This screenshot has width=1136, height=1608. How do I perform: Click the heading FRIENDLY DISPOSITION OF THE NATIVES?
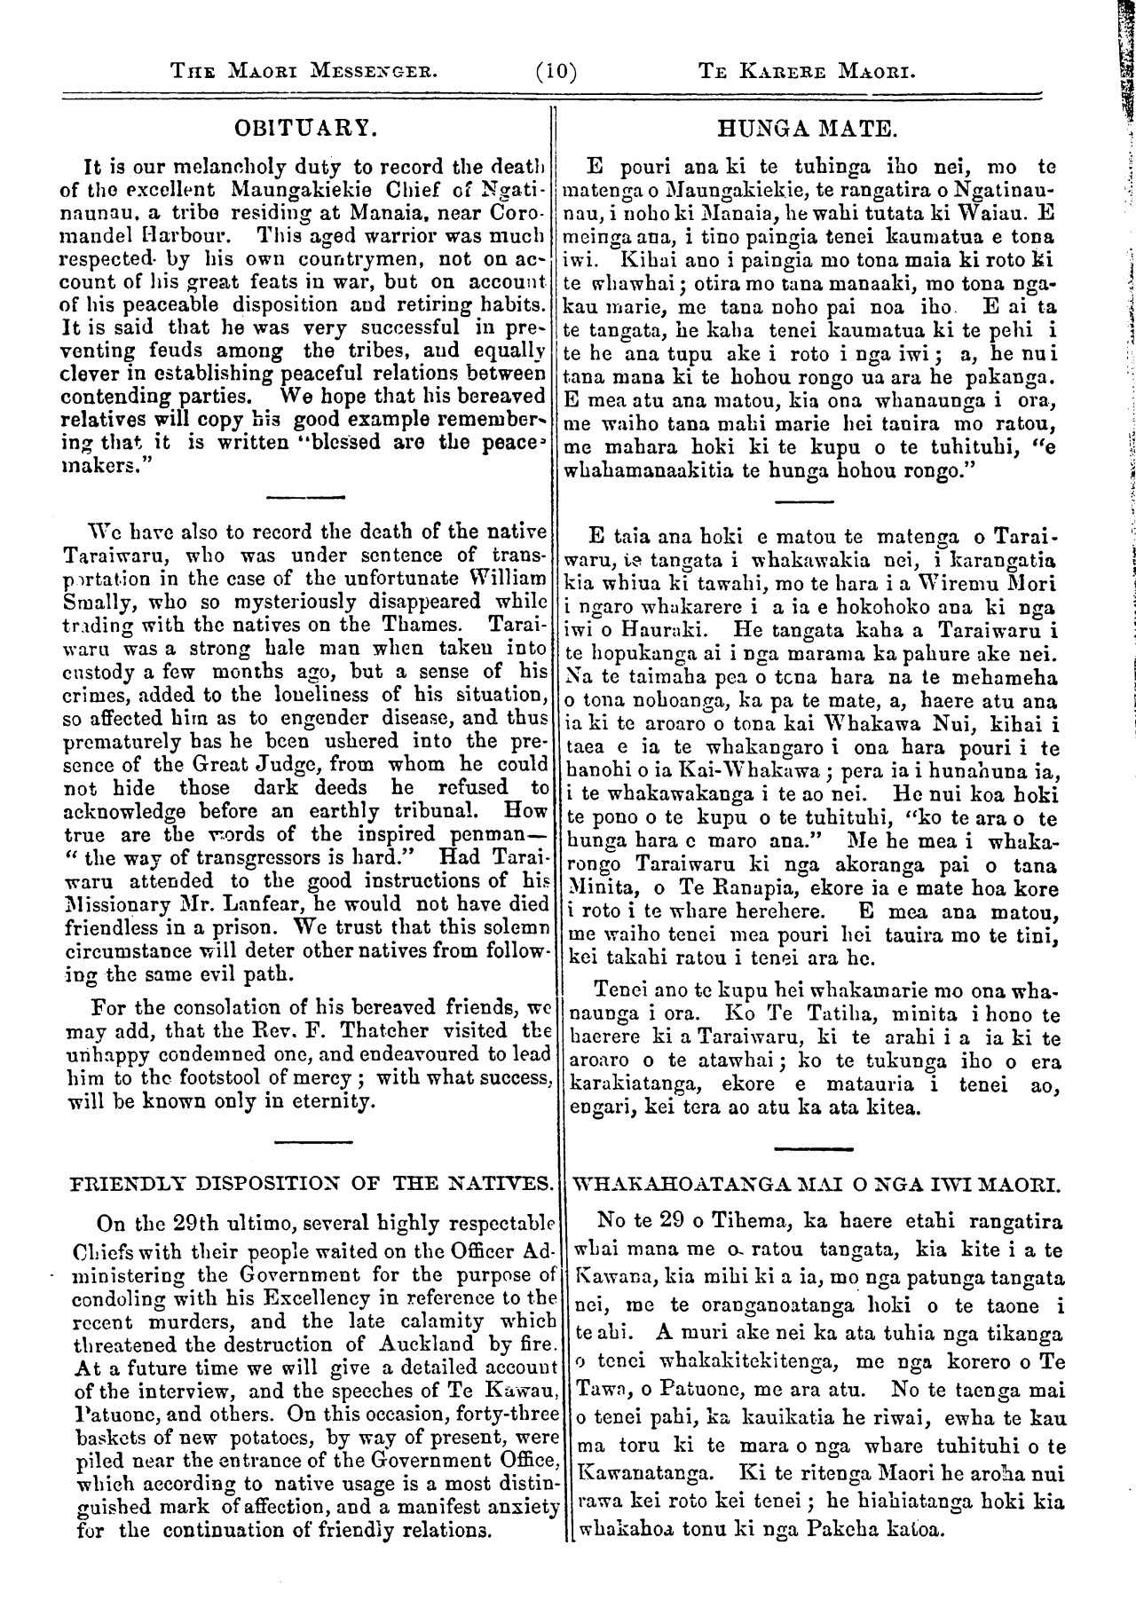click(310, 1183)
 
